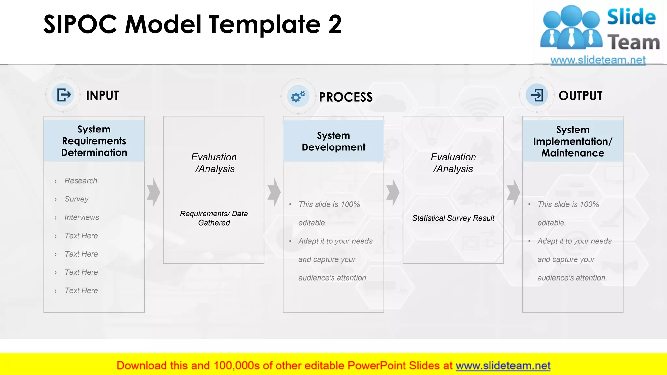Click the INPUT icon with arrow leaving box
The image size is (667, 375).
[63, 95]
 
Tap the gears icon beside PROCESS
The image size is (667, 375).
[298, 96]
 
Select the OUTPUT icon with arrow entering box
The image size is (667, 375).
[537, 95]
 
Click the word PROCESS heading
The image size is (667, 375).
[346, 97]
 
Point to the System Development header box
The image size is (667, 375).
[333, 141]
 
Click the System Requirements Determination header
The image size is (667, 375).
[94, 141]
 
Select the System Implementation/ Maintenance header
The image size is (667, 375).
[573, 141]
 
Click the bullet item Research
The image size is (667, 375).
[81, 181]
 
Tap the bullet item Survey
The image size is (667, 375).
[77, 199]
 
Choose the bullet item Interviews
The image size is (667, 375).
[82, 217]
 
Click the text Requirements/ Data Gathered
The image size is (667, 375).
[214, 218]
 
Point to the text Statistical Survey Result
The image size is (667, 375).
[453, 218]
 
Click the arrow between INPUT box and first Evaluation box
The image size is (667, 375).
[153, 192]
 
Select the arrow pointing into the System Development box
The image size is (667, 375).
[274, 192]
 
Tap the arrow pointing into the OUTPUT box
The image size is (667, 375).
[513, 192]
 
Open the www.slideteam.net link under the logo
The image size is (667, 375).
[598, 60]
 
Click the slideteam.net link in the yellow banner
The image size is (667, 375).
[503, 366]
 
